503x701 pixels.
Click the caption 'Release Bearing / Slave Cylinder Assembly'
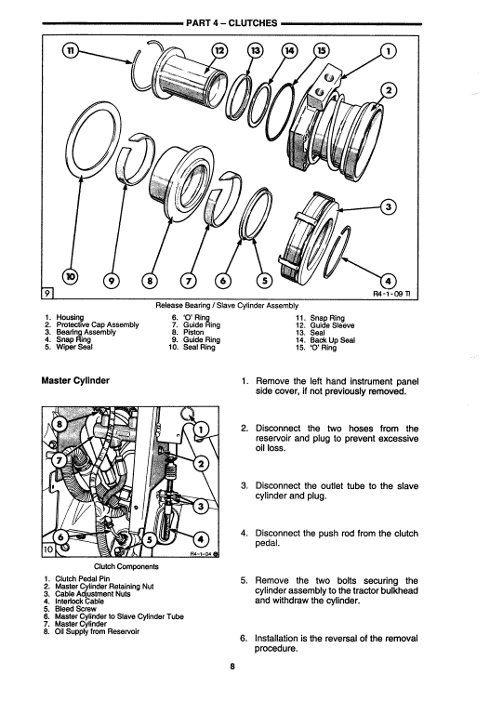227,305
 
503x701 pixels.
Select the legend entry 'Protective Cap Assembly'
98,324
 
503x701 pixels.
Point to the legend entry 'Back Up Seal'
334,340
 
